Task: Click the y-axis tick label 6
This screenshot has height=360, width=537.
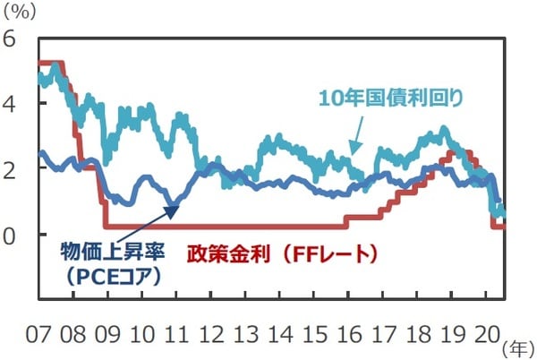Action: pos(10,39)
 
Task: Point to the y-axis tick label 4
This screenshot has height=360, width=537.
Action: pos(10,104)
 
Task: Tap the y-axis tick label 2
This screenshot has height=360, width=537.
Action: pos(10,169)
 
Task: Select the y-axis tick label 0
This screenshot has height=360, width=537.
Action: pos(10,235)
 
